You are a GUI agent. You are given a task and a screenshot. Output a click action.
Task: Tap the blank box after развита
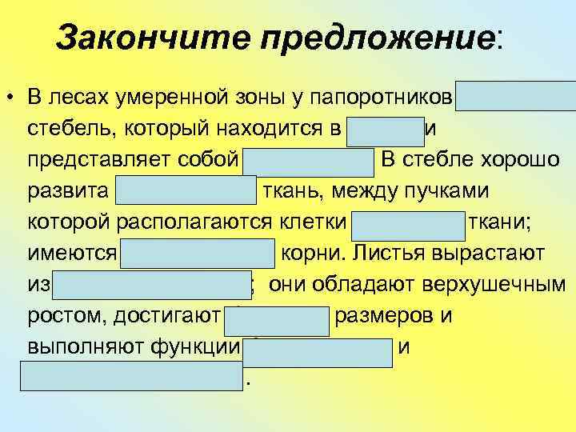pos(186,192)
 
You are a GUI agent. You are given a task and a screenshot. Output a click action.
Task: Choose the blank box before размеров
pos(277,318)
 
